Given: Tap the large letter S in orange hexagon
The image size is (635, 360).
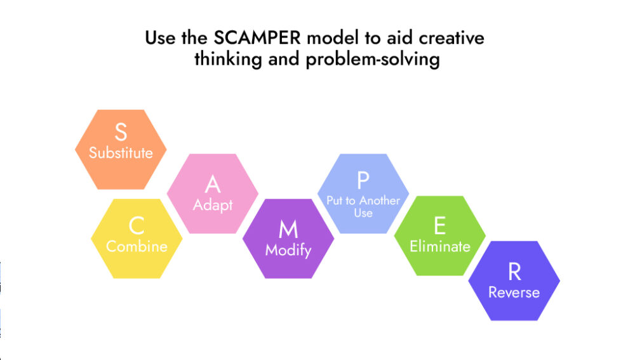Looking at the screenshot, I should tap(121, 133).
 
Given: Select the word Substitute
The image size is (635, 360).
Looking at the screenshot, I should tap(121, 153).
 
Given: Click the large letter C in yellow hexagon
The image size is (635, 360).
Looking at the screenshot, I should tap(137, 225).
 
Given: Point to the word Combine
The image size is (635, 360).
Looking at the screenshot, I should tap(137, 246).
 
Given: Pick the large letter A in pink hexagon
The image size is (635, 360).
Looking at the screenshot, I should tap(213, 185).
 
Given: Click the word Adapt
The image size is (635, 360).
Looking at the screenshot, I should tap(213, 205).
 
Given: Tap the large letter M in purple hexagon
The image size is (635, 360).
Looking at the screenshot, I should tap(288, 229).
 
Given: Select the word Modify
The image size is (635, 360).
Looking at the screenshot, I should tap(288, 250).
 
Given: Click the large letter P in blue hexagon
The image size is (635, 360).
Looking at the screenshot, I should tap(363, 180).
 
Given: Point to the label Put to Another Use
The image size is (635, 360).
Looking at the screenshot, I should tap(363, 206).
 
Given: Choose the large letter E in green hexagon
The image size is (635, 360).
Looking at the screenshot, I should tap(439, 226).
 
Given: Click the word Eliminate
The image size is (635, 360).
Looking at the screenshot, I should tap(439, 246).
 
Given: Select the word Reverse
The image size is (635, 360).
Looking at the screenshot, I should tap(514, 292).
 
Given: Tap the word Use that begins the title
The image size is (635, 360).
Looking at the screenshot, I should tap(161, 38).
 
